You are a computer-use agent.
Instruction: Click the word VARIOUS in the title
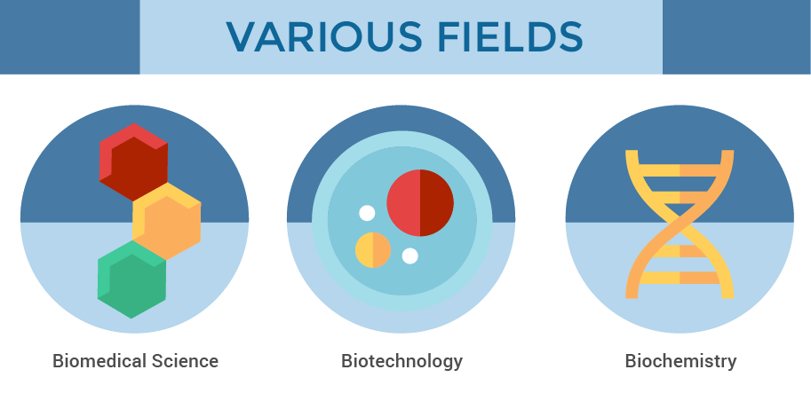click(324, 37)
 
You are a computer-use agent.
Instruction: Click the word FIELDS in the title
click(511, 37)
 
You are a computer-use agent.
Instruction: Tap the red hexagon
click(133, 161)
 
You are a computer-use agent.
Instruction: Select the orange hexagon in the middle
click(166, 221)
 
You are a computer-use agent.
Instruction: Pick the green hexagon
click(131, 279)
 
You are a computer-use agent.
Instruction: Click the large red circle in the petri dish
click(420, 203)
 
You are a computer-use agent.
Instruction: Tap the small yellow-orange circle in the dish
click(373, 250)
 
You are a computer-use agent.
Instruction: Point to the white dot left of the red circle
click(367, 213)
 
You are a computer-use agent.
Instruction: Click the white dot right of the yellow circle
click(410, 256)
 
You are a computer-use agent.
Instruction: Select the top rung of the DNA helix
click(680, 170)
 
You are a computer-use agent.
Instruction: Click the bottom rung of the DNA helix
click(680, 278)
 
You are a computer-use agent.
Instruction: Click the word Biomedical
click(99, 360)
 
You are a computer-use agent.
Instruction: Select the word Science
click(185, 360)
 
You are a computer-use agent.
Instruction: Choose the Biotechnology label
click(402, 361)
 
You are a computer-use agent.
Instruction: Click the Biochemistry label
click(680, 361)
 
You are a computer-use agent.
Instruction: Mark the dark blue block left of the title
click(70, 37)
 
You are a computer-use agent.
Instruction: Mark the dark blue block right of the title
click(736, 37)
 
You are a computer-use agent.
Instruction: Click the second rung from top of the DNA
click(680, 197)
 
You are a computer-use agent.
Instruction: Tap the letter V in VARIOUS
click(243, 37)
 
